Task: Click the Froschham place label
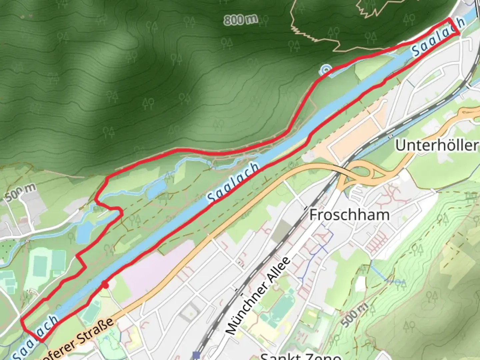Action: [x=349, y=215]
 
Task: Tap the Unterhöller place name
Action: [x=437, y=145]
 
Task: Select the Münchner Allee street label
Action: [x=258, y=296]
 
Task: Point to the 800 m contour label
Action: [x=240, y=20]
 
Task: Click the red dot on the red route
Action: [x=105, y=285]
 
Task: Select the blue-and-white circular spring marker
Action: [x=325, y=70]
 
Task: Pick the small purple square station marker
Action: [x=196, y=355]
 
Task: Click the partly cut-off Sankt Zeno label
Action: [x=300, y=356]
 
